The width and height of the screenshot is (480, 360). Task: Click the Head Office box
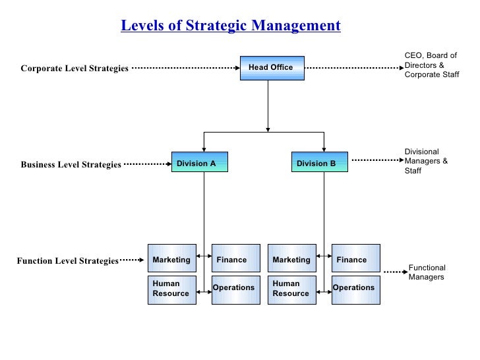tap(272, 68)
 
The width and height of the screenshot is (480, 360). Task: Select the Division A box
tap(199, 162)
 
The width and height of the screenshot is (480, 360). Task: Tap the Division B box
tap(319, 162)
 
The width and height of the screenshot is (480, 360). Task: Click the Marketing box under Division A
tap(171, 258)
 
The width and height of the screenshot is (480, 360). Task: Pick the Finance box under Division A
tap(235, 258)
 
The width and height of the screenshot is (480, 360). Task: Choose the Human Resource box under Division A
tap(171, 289)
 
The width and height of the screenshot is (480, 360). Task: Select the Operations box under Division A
tap(235, 289)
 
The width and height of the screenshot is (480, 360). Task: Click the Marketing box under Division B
tap(291, 258)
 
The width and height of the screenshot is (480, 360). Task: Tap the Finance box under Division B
tap(355, 258)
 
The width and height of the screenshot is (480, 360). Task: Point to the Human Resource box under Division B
tap(291, 289)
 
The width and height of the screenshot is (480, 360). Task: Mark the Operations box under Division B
tap(355, 289)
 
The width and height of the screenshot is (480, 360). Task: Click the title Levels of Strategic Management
tap(231, 26)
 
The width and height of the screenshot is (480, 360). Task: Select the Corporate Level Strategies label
tap(75, 69)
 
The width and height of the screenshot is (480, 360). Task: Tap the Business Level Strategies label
tap(71, 165)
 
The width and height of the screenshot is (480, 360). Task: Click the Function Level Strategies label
tap(67, 261)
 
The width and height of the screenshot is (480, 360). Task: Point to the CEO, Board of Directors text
tap(430, 65)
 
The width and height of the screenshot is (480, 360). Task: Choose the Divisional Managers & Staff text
tap(426, 161)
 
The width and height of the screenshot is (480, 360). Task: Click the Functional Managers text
tap(427, 272)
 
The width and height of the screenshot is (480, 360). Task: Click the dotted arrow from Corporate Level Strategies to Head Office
tap(185, 68)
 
